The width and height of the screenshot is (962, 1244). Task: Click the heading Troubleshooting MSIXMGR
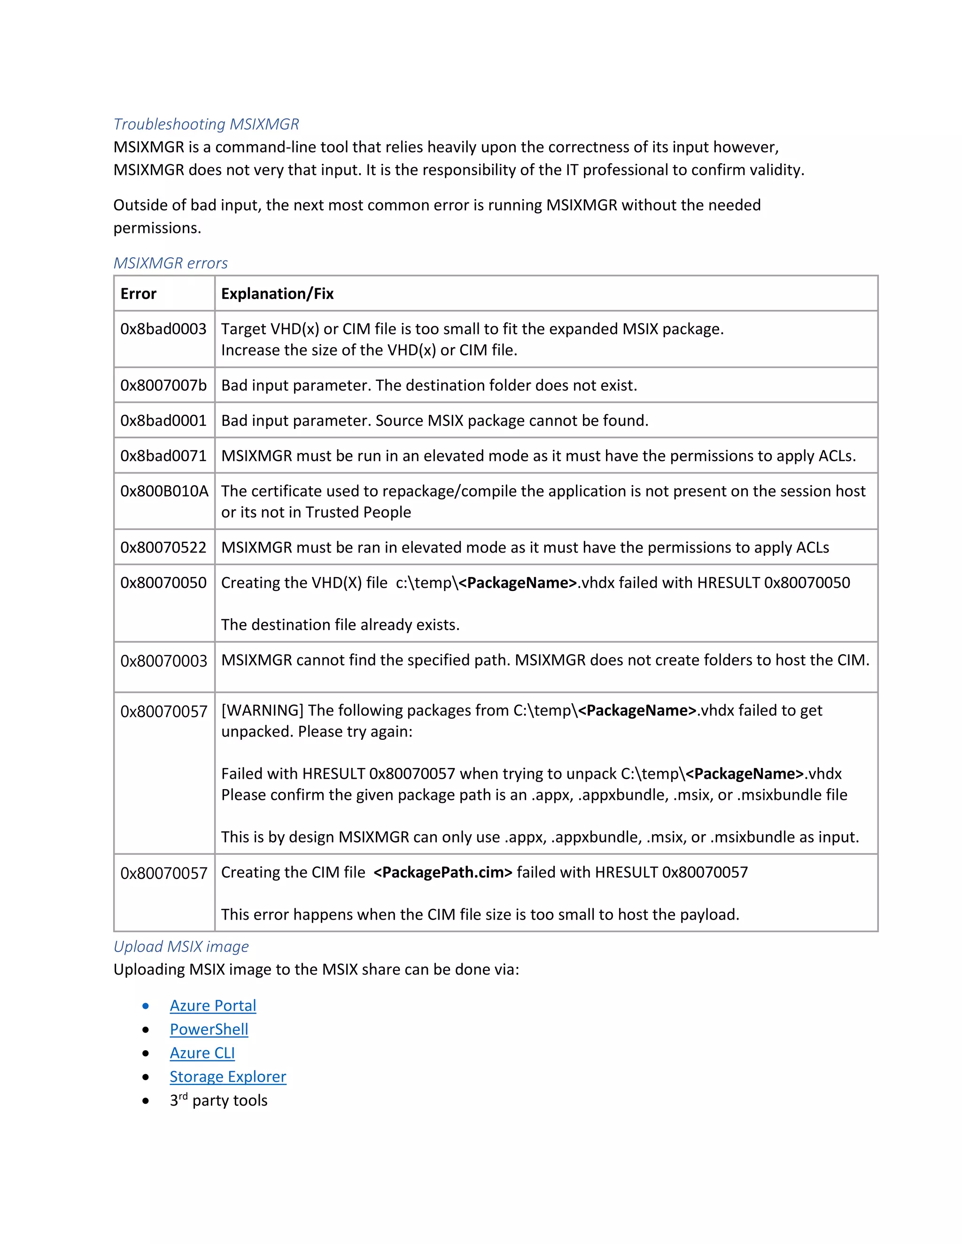(206, 124)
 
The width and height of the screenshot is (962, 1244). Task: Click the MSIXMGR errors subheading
(171, 263)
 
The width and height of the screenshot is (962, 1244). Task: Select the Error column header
(138, 294)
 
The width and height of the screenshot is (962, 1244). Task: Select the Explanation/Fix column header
(277, 294)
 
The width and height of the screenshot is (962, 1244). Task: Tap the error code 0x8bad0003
(163, 329)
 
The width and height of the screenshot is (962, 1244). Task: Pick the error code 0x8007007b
(163, 385)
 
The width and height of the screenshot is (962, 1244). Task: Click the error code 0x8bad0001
(163, 421)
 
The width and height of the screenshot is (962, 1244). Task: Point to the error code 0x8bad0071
(163, 456)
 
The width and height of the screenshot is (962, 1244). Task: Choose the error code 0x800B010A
(164, 491)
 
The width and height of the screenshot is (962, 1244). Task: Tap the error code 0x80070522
(163, 548)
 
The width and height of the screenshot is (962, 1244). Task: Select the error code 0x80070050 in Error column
(163, 583)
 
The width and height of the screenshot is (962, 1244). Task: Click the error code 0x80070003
(163, 661)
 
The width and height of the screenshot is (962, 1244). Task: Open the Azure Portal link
(213, 1006)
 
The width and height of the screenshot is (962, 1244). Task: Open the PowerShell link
(209, 1030)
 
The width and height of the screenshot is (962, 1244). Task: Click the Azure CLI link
(202, 1053)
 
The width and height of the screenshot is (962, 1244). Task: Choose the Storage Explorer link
(227, 1077)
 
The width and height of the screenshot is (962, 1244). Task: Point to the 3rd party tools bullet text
(218, 1101)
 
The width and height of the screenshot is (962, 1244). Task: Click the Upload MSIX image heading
(181, 947)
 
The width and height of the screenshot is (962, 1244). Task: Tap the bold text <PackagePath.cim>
(443, 873)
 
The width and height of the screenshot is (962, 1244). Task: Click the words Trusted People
(358, 513)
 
